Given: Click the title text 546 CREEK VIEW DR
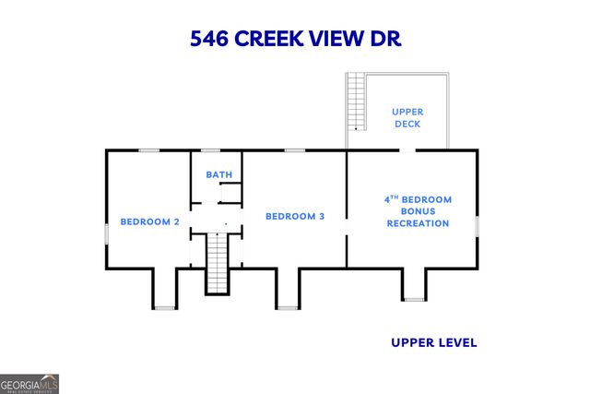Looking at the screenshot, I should point(295,39).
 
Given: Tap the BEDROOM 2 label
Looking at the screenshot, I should point(149,221).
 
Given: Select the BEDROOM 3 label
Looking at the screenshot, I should point(295,217).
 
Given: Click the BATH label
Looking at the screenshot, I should point(218,174).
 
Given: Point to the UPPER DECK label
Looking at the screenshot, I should point(407,117).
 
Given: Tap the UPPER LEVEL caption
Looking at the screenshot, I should point(433,342).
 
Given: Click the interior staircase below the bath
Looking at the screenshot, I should point(216,263).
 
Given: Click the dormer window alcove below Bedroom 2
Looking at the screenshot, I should point(164,288).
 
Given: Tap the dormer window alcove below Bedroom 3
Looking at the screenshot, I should point(288,288).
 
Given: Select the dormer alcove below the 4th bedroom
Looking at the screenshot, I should point(414,284).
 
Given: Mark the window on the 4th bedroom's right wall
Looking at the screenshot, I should point(477,226).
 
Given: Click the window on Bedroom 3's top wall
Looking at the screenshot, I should point(295,150).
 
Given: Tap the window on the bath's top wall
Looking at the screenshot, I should point(211,150).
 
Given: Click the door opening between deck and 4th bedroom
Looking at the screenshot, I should point(407,150).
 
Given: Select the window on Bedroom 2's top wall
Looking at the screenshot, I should point(148,150).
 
